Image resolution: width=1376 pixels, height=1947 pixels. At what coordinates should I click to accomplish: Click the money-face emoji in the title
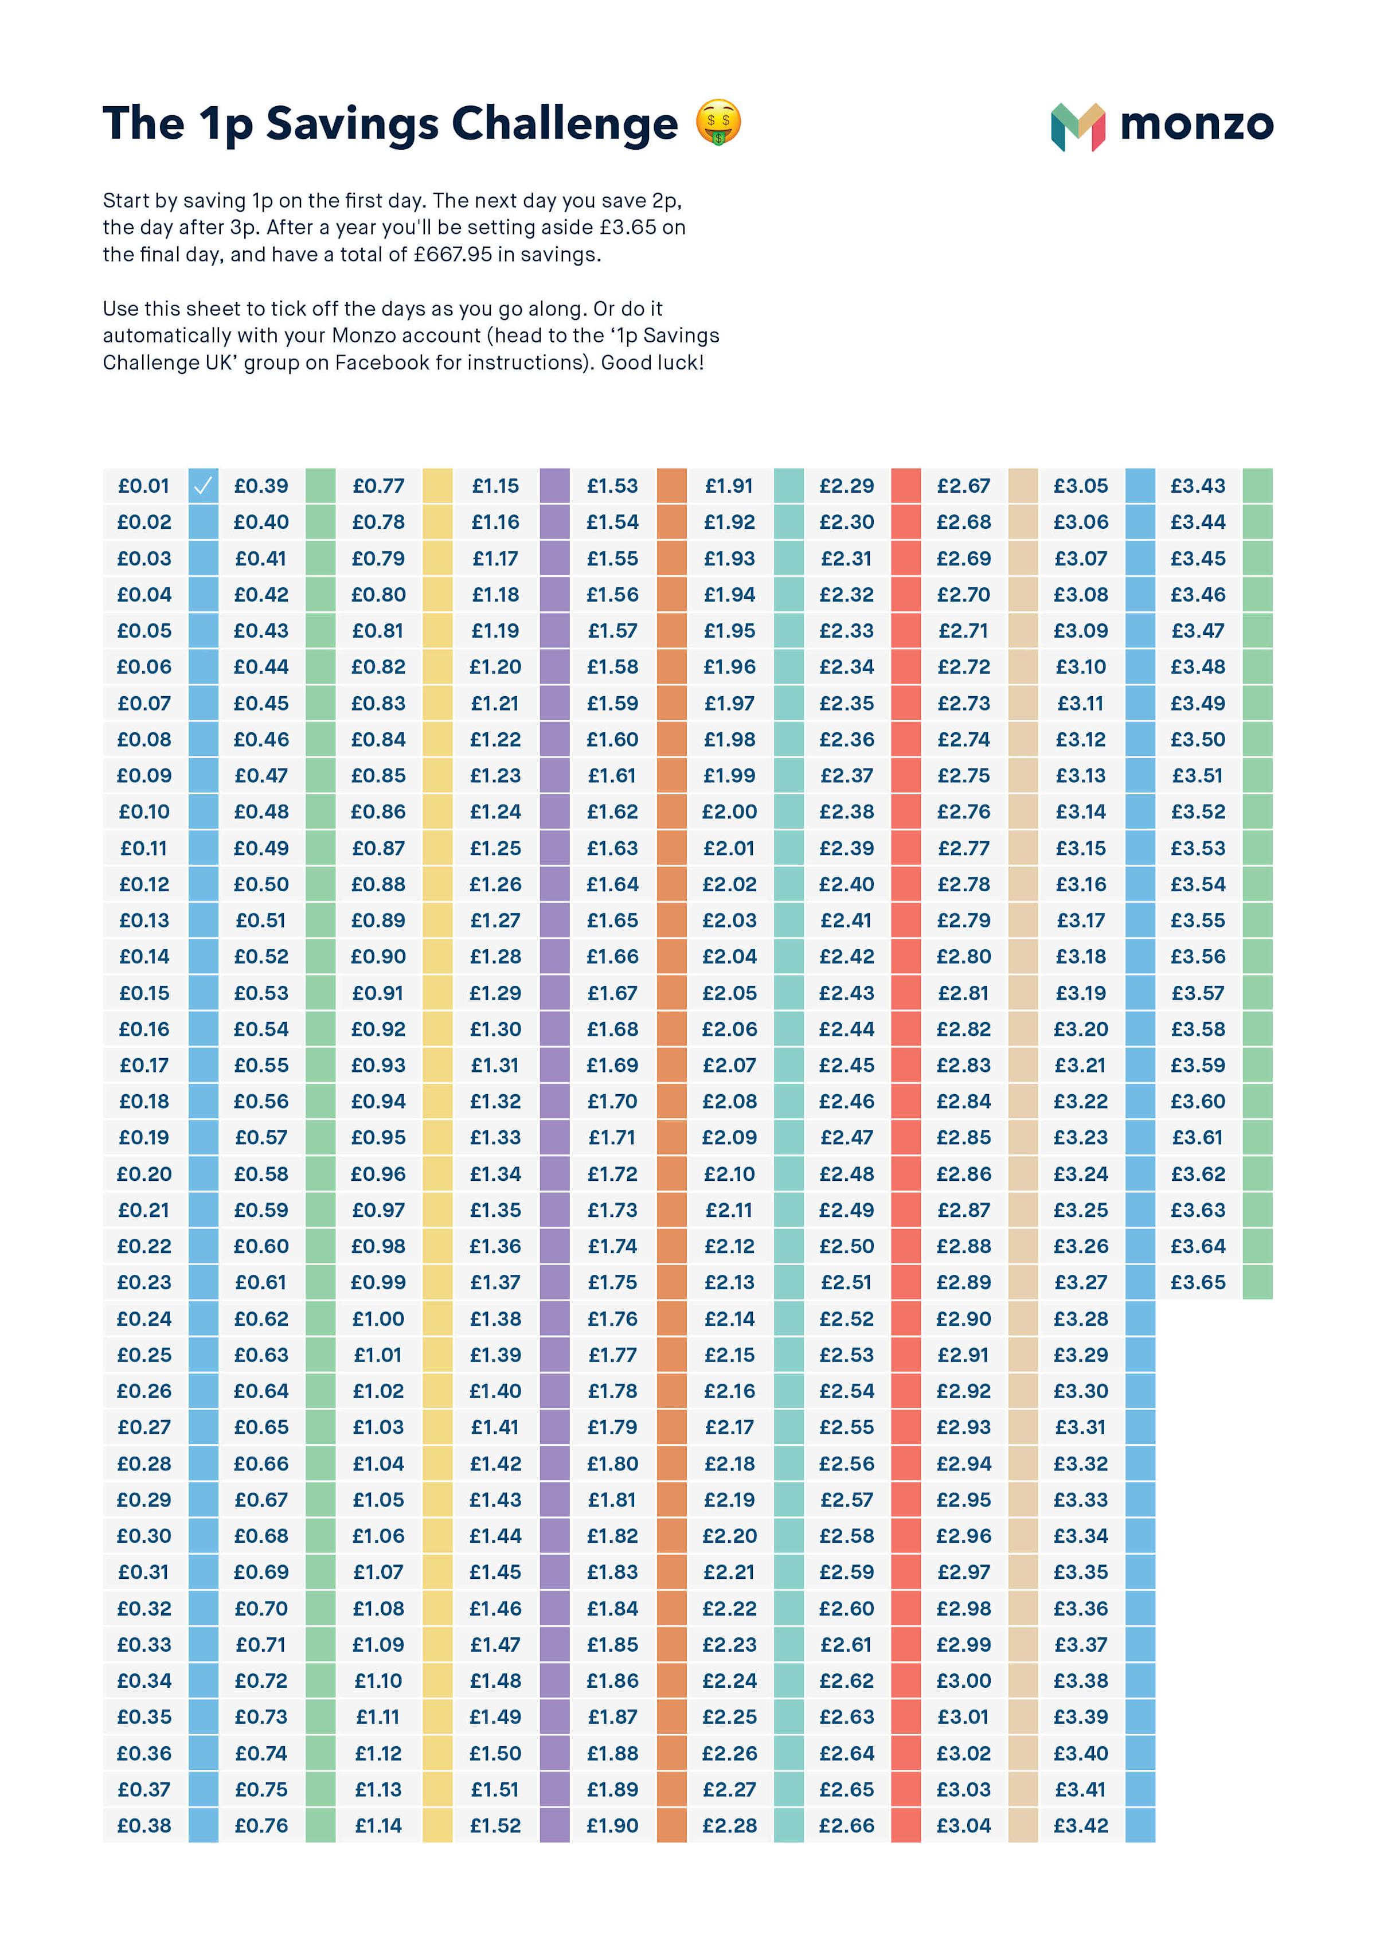click(718, 122)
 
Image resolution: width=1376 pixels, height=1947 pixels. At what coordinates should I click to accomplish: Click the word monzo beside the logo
click(1197, 124)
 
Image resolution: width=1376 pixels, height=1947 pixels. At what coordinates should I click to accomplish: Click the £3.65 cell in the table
click(1197, 1282)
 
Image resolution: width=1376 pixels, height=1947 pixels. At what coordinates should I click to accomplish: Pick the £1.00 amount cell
click(378, 1318)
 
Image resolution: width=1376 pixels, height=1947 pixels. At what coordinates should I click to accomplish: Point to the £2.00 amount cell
click(729, 811)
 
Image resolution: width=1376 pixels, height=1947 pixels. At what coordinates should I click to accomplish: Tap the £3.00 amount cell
click(963, 1681)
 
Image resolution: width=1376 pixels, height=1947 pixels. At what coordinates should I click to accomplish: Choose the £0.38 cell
click(144, 1826)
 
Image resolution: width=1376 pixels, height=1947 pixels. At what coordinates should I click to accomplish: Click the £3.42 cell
click(1080, 1826)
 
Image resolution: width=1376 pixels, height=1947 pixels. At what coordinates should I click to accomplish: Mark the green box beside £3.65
click(1257, 1282)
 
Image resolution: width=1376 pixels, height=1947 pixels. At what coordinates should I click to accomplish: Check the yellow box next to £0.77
click(437, 486)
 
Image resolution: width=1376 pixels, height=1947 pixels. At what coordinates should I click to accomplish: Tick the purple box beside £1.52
click(554, 1826)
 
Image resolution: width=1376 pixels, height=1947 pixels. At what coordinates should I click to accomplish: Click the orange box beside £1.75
click(671, 1282)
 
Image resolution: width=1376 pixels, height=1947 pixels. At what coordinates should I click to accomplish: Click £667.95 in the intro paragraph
click(453, 255)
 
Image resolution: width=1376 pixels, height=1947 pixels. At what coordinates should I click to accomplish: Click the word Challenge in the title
click(565, 124)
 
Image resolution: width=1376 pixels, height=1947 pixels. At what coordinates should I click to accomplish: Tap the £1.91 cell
click(729, 486)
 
